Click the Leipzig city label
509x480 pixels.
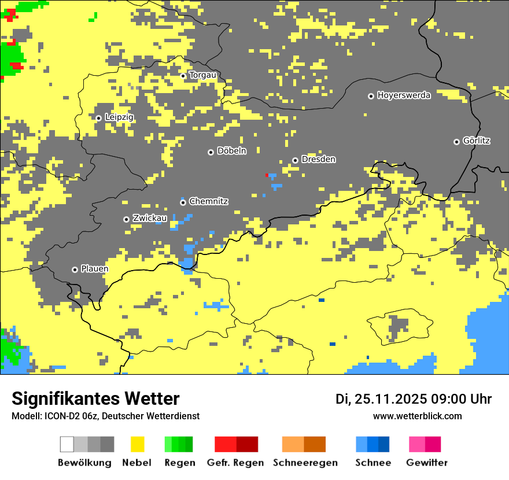click(119, 117)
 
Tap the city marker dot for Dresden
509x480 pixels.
click(295, 160)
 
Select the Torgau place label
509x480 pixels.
click(202, 75)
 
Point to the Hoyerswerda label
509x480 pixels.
click(404, 95)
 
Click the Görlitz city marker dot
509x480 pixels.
click(456, 142)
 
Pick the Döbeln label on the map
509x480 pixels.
click(231, 151)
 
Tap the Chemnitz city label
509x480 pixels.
click(208, 202)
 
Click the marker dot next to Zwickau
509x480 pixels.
click(126, 219)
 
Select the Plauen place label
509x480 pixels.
click(94, 269)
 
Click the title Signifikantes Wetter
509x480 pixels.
click(95, 398)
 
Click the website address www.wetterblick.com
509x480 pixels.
click(417, 416)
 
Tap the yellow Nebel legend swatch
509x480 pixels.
click(137, 444)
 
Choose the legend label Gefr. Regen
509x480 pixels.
click(235, 463)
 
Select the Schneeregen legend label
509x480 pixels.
click(305, 463)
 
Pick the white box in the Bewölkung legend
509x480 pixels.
click(67, 444)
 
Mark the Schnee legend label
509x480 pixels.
click(372, 463)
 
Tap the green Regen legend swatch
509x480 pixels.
click(178, 444)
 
